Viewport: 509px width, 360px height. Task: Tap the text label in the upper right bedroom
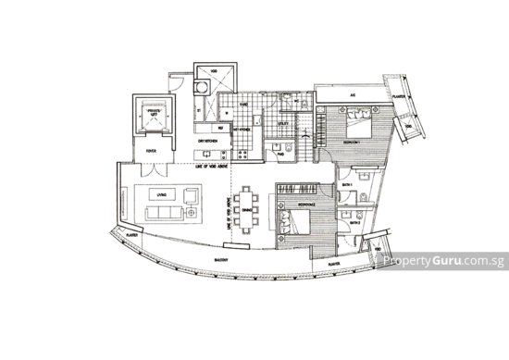(x=350, y=145)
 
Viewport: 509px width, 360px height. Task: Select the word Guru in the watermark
(x=446, y=262)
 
